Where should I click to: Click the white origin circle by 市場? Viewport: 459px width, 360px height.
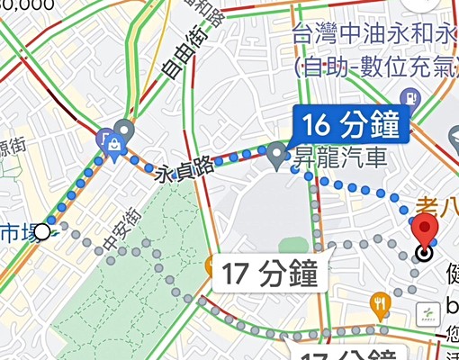tap(41, 232)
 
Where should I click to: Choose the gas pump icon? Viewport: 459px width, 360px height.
tap(409, 96)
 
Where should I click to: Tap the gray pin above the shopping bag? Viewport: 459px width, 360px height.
tap(124, 131)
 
